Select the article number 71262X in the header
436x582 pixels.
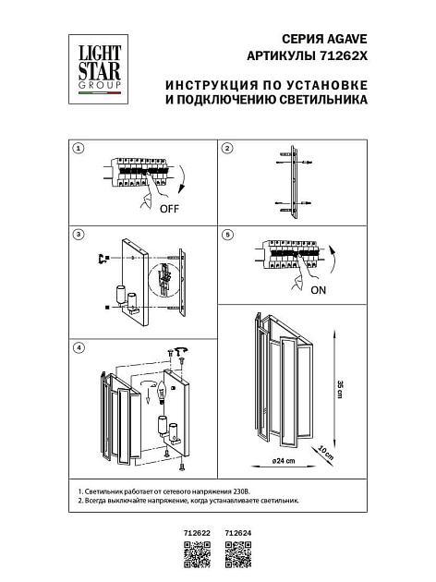coord(344,55)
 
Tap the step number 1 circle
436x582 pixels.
coord(79,148)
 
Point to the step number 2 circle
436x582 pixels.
coord(227,148)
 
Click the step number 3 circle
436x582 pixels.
coord(79,235)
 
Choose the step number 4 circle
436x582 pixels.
coord(79,347)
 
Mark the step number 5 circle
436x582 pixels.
coord(227,235)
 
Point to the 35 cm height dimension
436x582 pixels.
coord(339,389)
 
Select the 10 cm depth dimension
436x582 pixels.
coord(322,453)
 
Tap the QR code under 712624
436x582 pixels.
coord(238,555)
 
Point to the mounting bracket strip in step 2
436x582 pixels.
coord(293,180)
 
